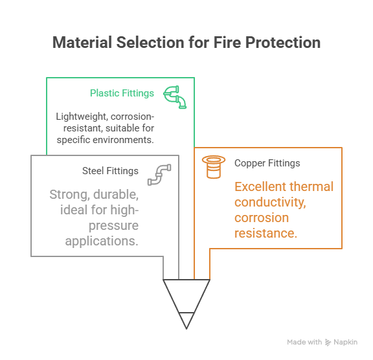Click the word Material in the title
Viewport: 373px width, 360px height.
pyautogui.click(x=82, y=43)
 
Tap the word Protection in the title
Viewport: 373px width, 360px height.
pyautogui.click(x=283, y=43)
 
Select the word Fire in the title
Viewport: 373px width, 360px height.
pyautogui.click(x=227, y=43)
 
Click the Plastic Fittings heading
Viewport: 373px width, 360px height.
pyautogui.click(x=122, y=93)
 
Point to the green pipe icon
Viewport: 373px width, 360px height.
pyautogui.click(x=175, y=96)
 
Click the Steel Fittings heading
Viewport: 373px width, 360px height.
pyautogui.click(x=110, y=171)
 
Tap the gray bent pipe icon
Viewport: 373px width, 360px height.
pyautogui.click(x=159, y=175)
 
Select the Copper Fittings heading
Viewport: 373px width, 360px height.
pyautogui.click(x=267, y=163)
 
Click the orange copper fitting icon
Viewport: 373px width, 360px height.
pyautogui.click(x=214, y=167)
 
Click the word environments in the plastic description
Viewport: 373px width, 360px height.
pyautogui.click(x=123, y=140)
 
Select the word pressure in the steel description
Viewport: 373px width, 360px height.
pyautogui.click(x=113, y=225)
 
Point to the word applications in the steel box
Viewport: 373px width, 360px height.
pyautogui.click(x=102, y=241)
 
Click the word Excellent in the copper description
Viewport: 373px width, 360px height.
pyautogui.click(x=259, y=186)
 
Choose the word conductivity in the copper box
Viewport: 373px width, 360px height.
pyautogui.click(x=270, y=203)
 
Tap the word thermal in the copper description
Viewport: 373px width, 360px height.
pyautogui.click(x=310, y=186)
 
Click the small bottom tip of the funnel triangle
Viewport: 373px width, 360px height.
pyautogui.click(x=186, y=329)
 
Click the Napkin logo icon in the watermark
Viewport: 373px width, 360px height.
pyautogui.click(x=328, y=342)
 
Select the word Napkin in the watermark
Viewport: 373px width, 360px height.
pyautogui.click(x=345, y=342)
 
